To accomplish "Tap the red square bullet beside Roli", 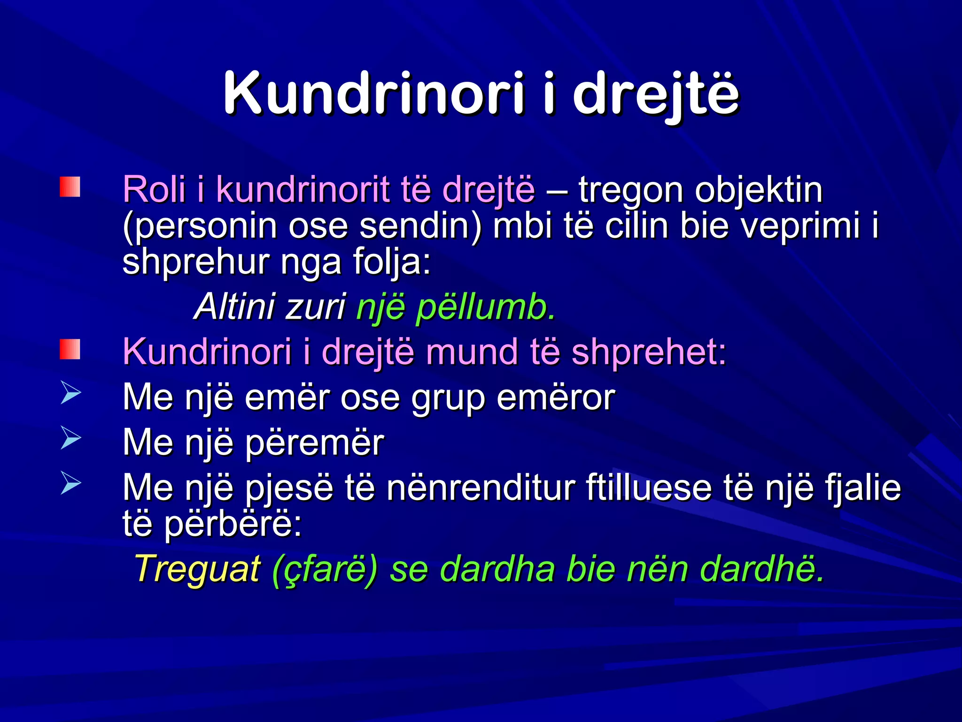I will (x=70, y=187).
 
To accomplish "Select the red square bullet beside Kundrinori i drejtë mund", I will (x=70, y=349).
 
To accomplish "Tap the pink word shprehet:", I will (x=649, y=352).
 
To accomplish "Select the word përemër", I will (x=314, y=443).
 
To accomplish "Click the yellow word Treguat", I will (x=198, y=569).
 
